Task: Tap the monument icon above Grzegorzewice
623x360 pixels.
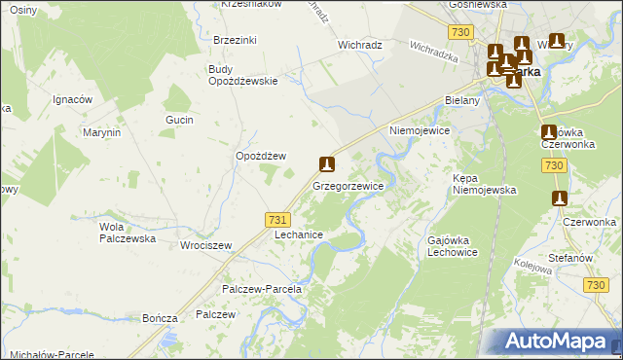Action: pyautogui.click(x=328, y=164)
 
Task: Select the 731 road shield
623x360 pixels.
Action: pyautogui.click(x=276, y=222)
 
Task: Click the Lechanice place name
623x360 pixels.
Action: pyautogui.click(x=299, y=235)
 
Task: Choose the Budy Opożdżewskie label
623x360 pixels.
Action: pyautogui.click(x=243, y=74)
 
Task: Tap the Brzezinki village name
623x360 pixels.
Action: pyautogui.click(x=235, y=40)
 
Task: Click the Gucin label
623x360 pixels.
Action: pyautogui.click(x=179, y=120)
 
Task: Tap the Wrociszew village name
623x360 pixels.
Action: pyautogui.click(x=205, y=245)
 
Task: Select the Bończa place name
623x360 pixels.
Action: pyautogui.click(x=159, y=318)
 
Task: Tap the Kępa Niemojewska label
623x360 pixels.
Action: pyautogui.click(x=484, y=185)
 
